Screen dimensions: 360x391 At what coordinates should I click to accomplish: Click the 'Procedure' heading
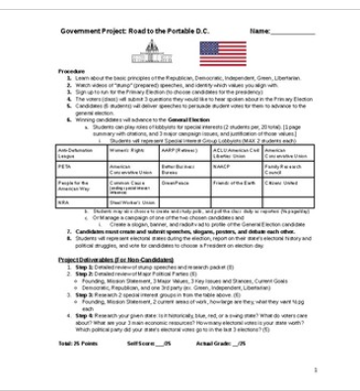pos(70,73)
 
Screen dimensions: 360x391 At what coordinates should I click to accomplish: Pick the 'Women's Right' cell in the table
pos(133,150)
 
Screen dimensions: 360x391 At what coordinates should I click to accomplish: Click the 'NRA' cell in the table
pos(82,202)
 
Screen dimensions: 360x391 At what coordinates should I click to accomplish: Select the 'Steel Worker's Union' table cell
pos(133,202)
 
